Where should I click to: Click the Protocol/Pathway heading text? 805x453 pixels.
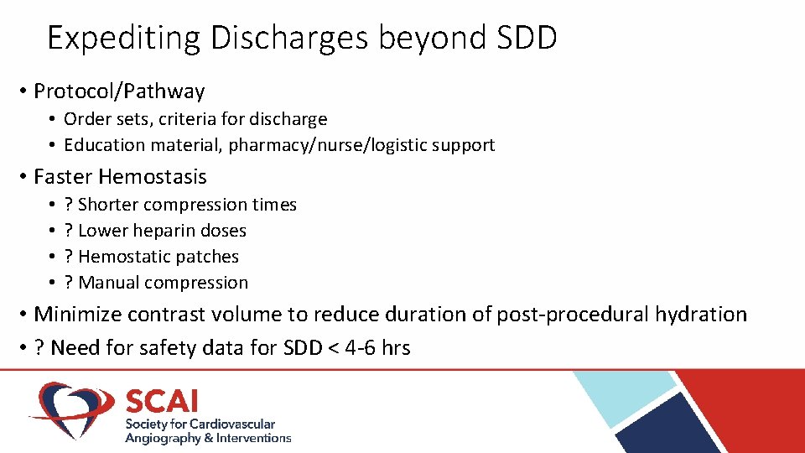tap(119, 91)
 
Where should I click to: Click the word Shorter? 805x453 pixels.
tap(108, 205)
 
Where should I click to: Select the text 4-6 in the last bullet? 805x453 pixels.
tap(361, 347)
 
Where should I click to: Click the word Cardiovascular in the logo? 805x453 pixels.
tap(231, 424)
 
